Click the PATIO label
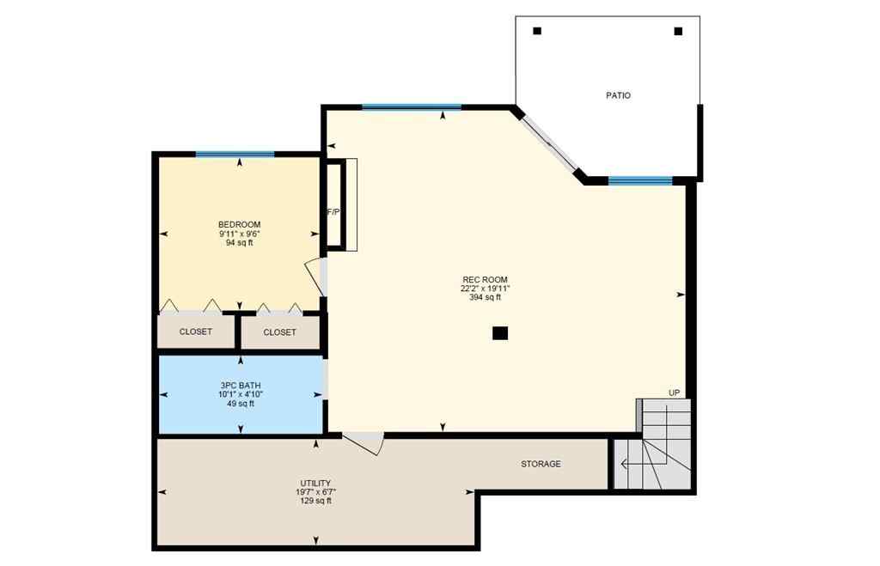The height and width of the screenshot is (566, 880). pos(618,95)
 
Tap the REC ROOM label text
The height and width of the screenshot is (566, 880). pos(485,280)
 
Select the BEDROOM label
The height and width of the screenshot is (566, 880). pos(239,225)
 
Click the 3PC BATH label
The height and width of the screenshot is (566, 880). pos(240,386)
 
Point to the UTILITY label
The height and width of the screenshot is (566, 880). pos(316,484)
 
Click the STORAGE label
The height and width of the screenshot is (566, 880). pos(541,464)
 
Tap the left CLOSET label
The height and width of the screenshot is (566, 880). pos(196,332)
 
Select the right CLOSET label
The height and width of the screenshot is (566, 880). pos(279,332)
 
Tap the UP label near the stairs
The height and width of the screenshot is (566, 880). pos(675,393)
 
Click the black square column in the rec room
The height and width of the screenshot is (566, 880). pos(500,333)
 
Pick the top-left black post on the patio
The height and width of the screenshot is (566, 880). pos(537,31)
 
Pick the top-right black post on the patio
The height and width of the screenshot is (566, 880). pos(678,31)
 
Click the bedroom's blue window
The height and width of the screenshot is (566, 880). pos(235,155)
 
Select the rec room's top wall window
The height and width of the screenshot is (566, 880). pos(411,107)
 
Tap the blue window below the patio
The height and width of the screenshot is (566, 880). pos(639,180)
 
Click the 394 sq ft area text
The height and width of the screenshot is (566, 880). pos(485,298)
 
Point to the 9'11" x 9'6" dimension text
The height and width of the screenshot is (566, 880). pos(239,234)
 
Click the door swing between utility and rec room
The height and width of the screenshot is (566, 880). pos(364,442)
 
